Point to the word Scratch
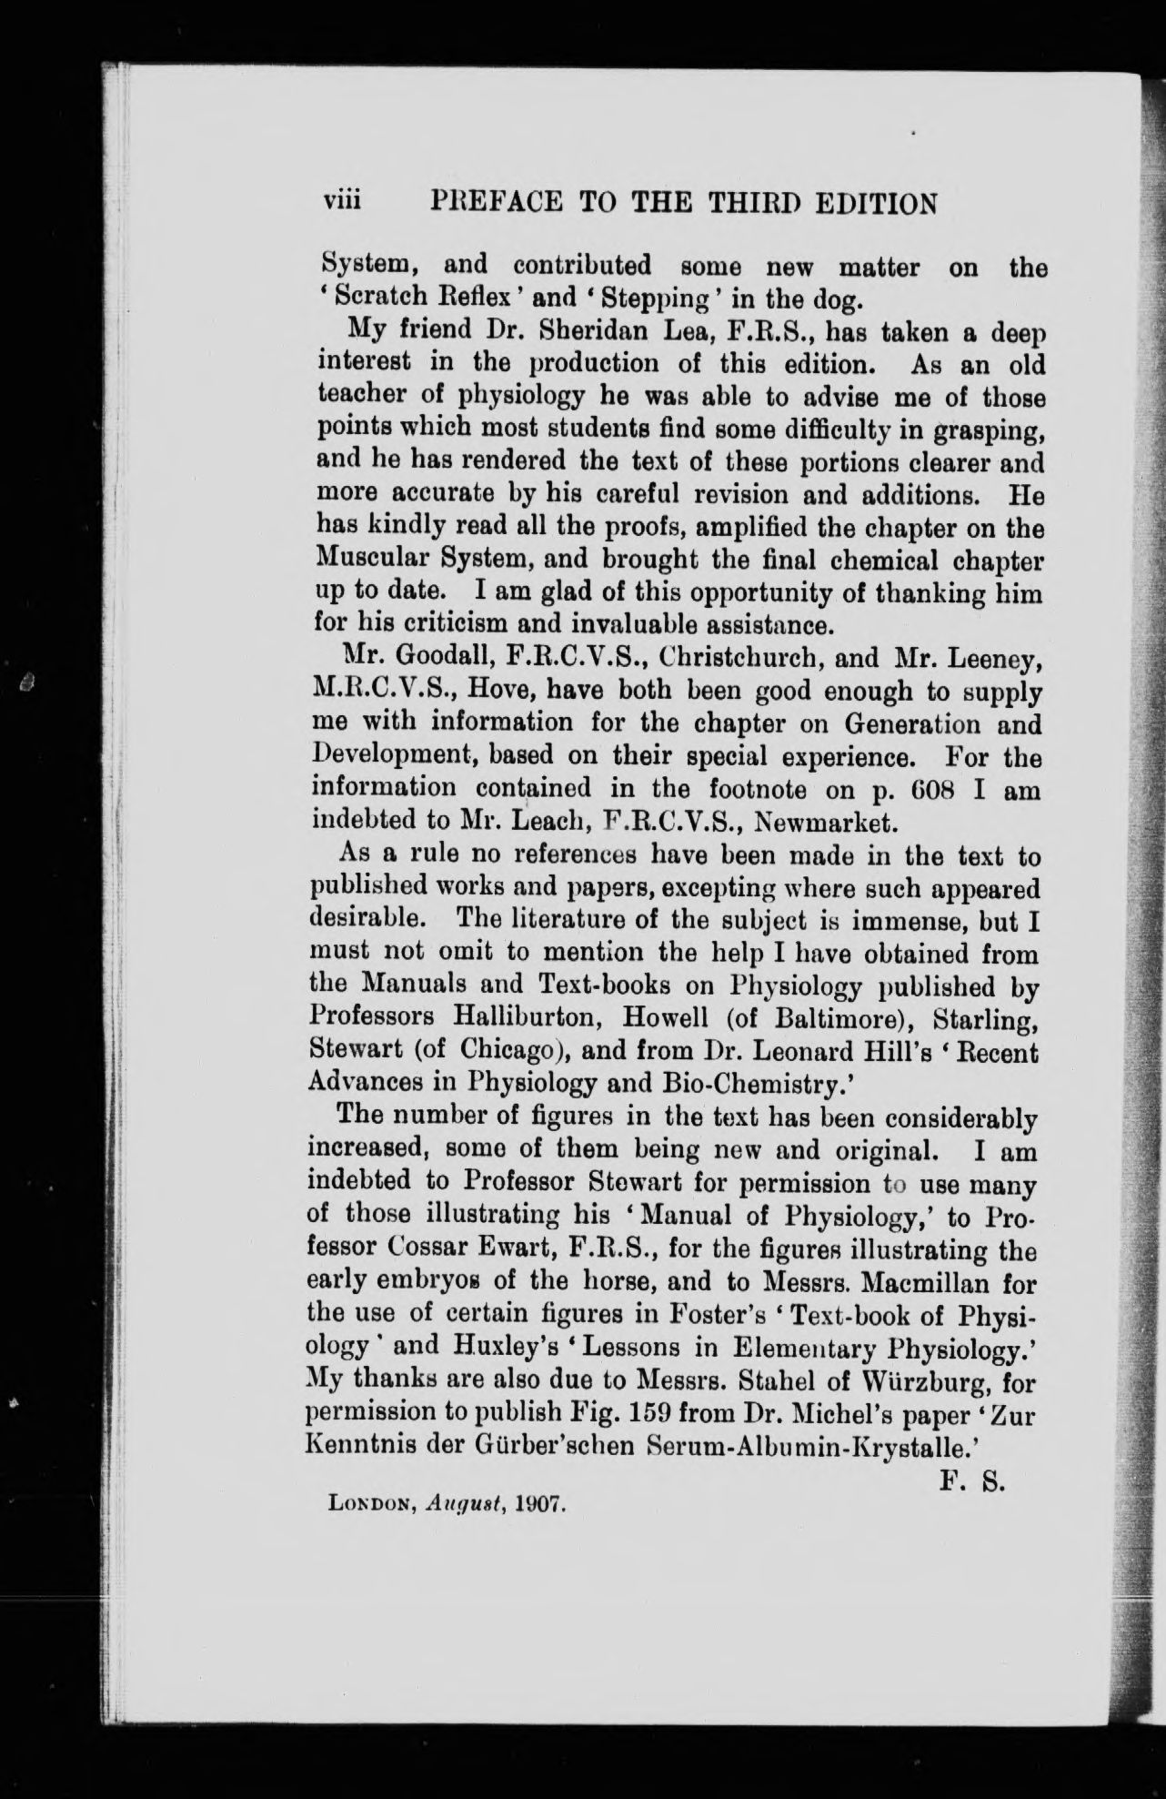[397, 298]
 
